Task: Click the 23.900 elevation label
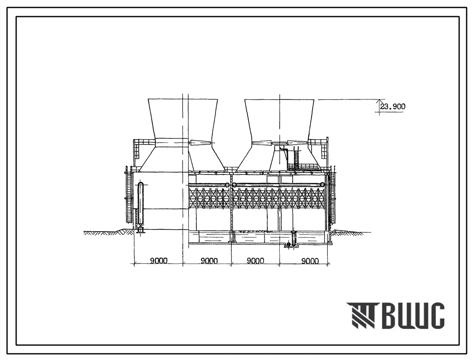(393, 106)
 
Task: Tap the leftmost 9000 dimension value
(159, 261)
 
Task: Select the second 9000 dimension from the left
(209, 261)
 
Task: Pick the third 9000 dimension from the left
(256, 261)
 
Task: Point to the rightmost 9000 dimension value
(310, 261)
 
